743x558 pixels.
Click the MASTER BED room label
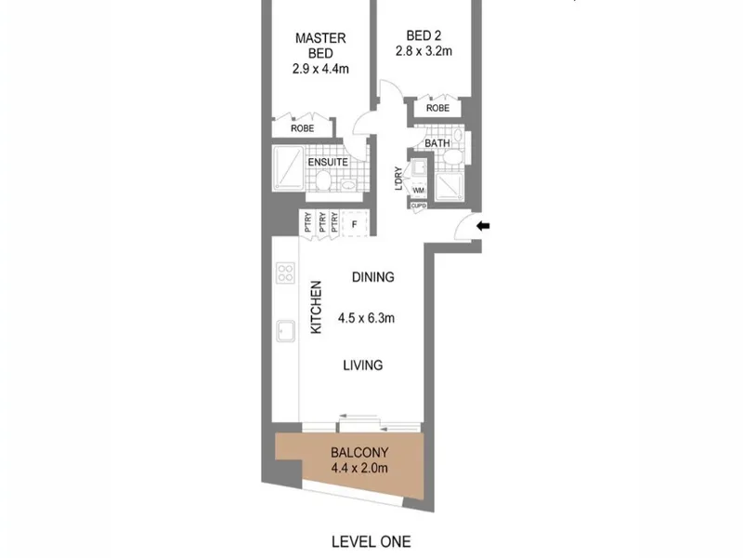(320, 46)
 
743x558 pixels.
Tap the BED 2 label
(424, 35)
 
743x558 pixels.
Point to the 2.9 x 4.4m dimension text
(320, 69)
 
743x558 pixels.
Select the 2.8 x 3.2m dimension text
(424, 51)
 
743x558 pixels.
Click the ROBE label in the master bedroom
(303, 128)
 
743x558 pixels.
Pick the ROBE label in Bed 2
(437, 108)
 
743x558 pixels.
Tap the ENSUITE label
(328, 162)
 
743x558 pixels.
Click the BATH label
(437, 143)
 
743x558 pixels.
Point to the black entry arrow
(483, 226)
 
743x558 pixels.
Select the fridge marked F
(355, 224)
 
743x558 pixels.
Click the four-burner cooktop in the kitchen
(285, 272)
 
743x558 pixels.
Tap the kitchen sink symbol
(286, 331)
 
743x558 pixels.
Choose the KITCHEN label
(316, 307)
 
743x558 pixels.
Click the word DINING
(373, 277)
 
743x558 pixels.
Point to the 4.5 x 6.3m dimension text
(366, 318)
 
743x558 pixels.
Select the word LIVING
(363, 365)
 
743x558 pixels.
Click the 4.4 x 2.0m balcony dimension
(359, 469)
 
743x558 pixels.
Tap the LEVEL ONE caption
(371, 542)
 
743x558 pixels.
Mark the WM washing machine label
(419, 191)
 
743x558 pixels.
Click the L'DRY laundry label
(398, 179)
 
